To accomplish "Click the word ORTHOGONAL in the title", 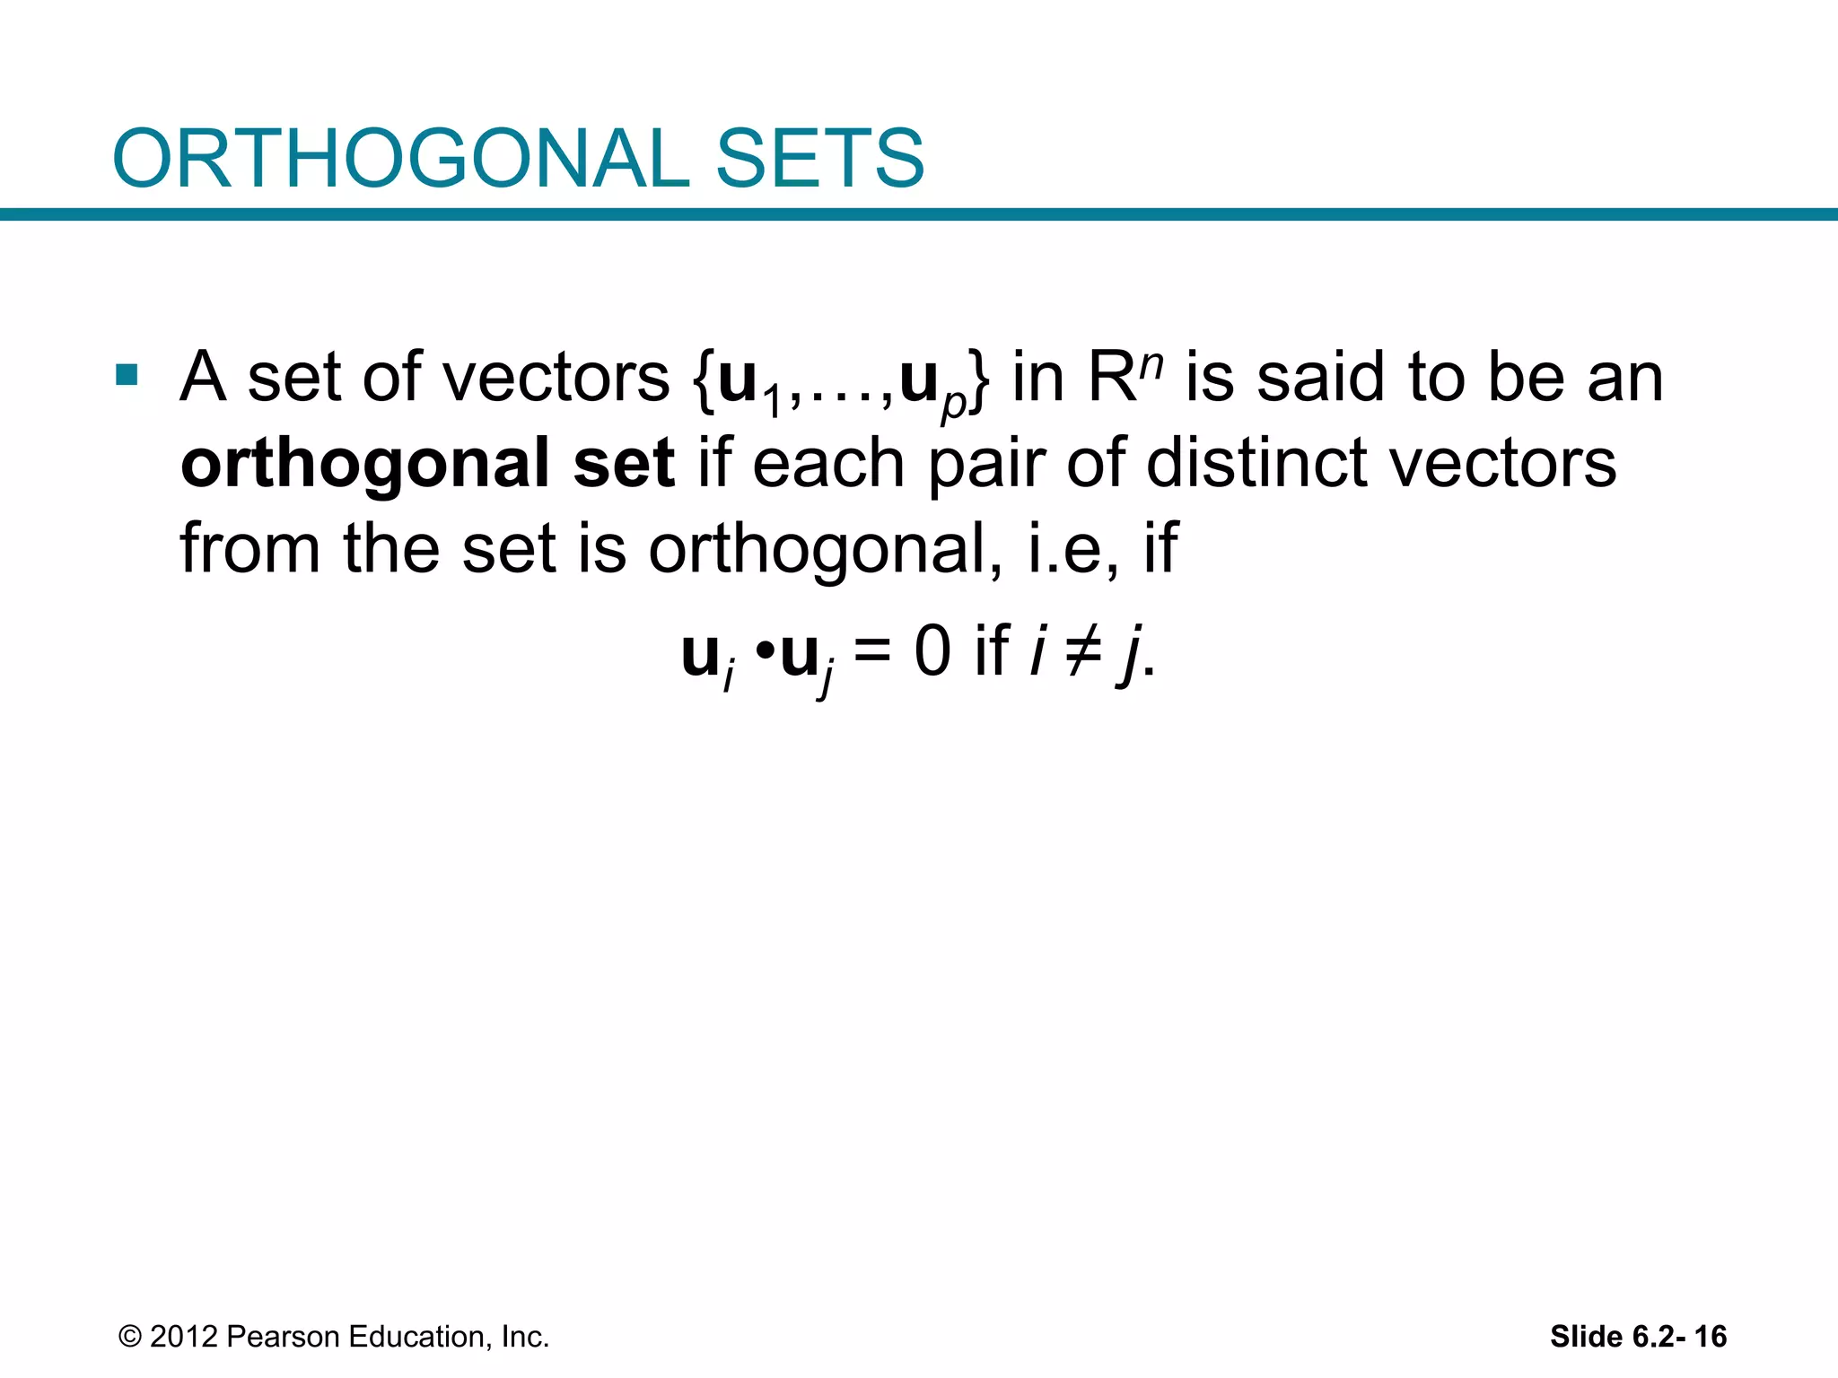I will (400, 159).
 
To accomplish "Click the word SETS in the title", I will (818, 159).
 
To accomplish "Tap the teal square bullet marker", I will (127, 374).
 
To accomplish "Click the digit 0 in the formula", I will (932, 651).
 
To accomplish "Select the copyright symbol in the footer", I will (130, 1337).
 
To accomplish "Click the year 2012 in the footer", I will (184, 1337).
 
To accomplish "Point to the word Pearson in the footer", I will (283, 1337).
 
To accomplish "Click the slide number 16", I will (1710, 1337).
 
